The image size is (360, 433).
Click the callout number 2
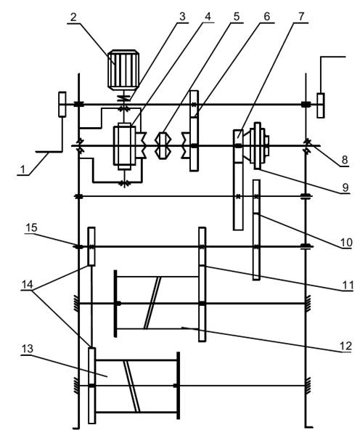click(x=73, y=17)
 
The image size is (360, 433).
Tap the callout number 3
click(x=182, y=17)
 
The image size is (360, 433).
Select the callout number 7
click(x=301, y=17)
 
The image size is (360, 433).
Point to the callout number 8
click(x=345, y=160)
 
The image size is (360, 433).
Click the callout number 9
click(x=345, y=187)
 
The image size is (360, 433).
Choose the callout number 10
click(x=346, y=243)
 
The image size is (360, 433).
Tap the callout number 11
click(x=348, y=285)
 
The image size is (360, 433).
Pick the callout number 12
click(x=346, y=346)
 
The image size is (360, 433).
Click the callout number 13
click(x=28, y=349)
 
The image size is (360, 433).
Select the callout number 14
click(x=27, y=285)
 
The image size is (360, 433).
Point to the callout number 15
click(x=31, y=228)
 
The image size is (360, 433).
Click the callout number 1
click(x=23, y=169)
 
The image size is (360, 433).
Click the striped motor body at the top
click(x=123, y=70)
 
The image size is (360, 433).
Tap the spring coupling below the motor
click(x=124, y=98)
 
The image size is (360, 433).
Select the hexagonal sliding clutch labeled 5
click(x=162, y=145)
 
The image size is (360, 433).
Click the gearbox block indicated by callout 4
click(x=124, y=146)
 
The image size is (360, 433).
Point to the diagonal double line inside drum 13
click(x=131, y=386)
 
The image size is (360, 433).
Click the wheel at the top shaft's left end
click(x=62, y=105)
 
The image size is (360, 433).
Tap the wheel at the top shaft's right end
click(x=321, y=105)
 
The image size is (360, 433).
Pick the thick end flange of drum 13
click(x=179, y=386)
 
